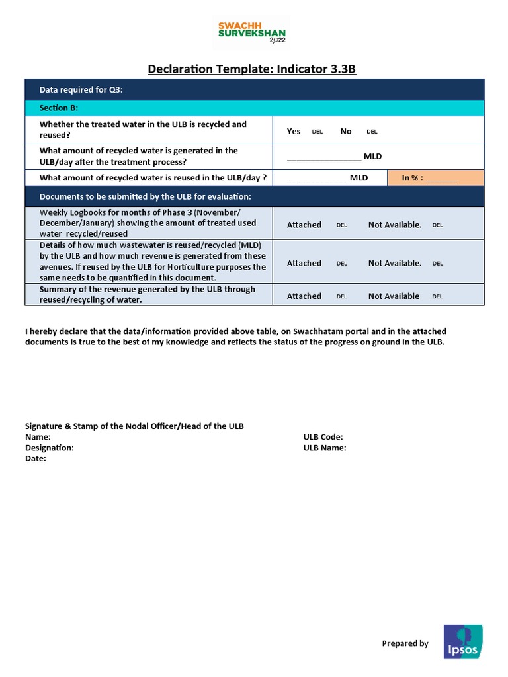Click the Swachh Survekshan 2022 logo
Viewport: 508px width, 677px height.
253,33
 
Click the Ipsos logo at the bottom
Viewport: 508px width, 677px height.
462,642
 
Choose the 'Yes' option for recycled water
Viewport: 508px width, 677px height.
294,131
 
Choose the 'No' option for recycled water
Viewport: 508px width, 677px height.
346,131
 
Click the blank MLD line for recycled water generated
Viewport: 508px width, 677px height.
323,157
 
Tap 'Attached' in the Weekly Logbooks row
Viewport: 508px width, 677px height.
304,225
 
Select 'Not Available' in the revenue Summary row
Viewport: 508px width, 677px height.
394,296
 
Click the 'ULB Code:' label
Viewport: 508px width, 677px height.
323,437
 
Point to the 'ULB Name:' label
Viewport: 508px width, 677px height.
325,448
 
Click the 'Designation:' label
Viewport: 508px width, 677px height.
50,448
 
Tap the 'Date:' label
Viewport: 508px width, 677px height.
36,458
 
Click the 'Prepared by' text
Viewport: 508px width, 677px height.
405,643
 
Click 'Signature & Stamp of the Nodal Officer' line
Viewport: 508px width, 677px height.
134,426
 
